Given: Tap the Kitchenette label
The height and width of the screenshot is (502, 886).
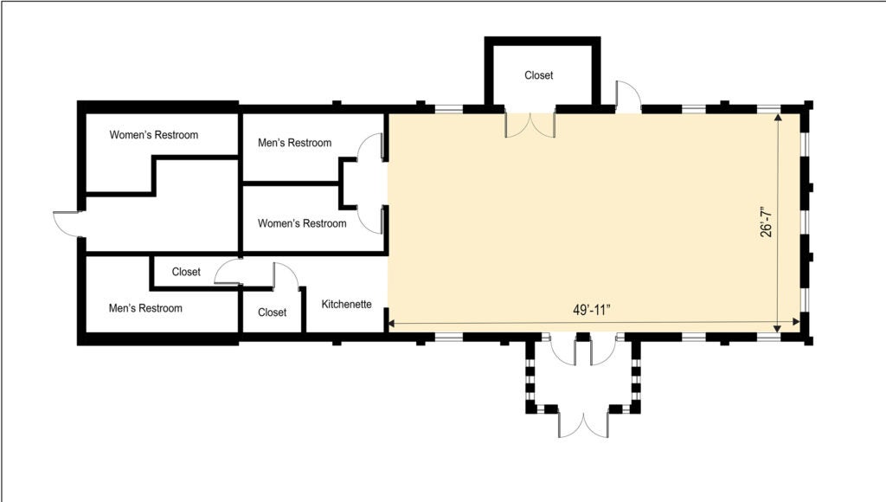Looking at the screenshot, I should [347, 304].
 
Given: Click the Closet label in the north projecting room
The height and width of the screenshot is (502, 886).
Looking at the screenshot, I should [538, 75].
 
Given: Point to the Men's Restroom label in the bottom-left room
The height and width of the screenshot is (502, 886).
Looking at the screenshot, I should [145, 308].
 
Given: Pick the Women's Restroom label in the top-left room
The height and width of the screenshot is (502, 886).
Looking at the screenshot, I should [154, 135].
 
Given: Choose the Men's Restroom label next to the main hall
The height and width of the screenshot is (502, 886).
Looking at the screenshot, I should [294, 143].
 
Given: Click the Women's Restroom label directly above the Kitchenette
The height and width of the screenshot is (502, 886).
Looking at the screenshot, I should [302, 223].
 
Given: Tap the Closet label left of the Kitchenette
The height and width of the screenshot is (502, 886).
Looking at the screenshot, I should [272, 312].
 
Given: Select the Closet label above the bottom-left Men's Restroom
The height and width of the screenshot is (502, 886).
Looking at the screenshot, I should [186, 272].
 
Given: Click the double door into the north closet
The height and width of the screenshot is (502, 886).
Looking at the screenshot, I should [530, 125].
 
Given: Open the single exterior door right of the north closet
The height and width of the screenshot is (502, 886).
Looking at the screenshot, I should [627, 97].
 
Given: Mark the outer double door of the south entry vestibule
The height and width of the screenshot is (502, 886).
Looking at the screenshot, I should [583, 424].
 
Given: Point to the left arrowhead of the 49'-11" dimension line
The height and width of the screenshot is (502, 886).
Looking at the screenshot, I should [392, 325].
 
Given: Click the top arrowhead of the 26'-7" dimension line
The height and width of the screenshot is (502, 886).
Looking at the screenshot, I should [780, 119].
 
